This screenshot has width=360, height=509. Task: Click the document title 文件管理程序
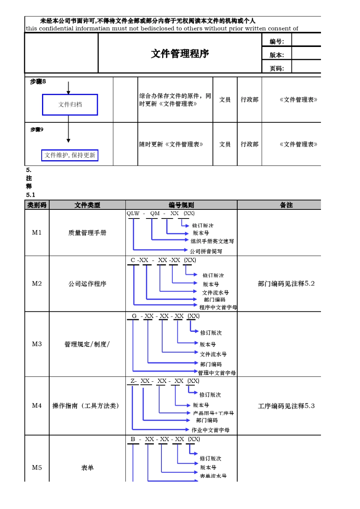(180, 54)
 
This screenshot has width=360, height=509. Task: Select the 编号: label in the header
(277, 42)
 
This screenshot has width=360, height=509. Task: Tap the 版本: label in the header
(277, 55)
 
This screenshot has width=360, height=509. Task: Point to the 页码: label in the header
(277, 69)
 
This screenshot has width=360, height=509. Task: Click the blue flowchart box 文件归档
(70, 105)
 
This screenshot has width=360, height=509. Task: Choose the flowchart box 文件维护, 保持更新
(70, 155)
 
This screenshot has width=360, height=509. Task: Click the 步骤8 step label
(38, 81)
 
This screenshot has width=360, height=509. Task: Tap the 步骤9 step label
(37, 130)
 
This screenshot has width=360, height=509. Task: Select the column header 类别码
(37, 205)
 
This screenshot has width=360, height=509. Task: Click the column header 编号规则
(181, 205)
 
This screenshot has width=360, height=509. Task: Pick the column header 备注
(286, 205)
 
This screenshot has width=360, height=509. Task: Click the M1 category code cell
(37, 233)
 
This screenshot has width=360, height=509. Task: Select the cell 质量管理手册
(87, 233)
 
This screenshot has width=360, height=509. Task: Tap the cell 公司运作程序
(87, 284)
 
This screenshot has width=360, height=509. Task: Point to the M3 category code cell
(37, 344)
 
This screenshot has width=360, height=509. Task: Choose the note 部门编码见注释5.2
(286, 284)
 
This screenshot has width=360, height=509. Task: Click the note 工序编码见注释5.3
(286, 406)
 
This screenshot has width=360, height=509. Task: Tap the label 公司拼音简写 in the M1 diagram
(206, 251)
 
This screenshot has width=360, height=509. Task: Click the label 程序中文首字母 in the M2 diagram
(218, 307)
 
